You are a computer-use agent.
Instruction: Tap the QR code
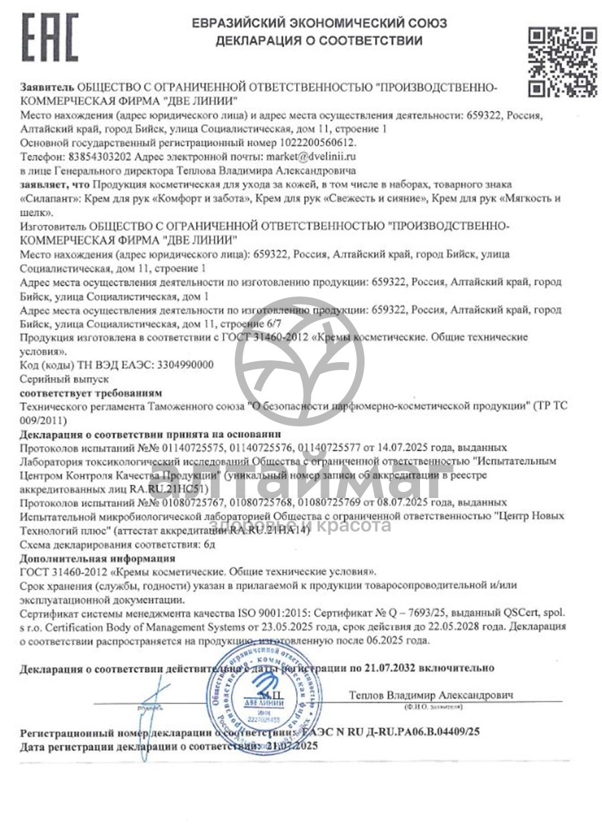pyautogui.click(x=563, y=61)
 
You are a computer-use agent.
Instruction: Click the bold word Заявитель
pyautogui.click(x=47, y=88)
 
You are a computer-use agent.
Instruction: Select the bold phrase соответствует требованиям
pyautogui.click(x=91, y=392)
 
